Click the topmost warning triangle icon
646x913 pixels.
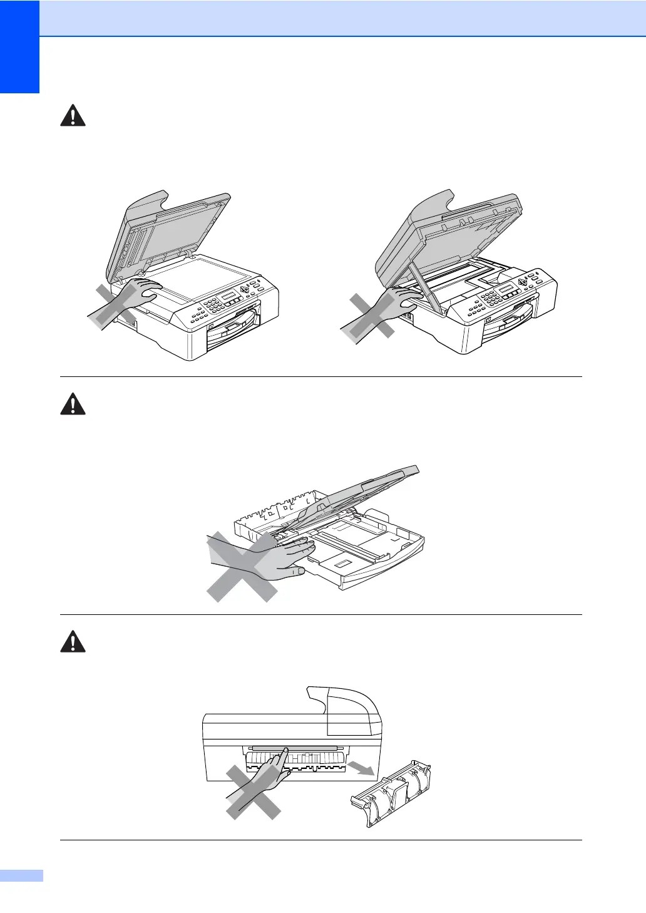[73, 116]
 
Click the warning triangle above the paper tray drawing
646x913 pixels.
[73, 404]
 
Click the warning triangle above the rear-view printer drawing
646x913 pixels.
[73, 642]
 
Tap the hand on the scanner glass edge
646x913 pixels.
[146, 290]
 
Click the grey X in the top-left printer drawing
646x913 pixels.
[116, 306]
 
